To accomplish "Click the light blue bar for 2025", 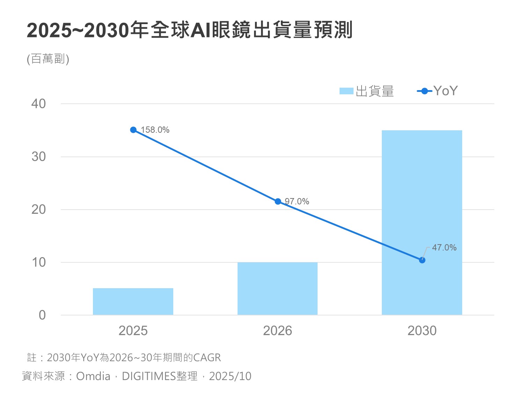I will pyautogui.click(x=133, y=301).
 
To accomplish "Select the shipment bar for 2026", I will pyautogui.click(x=277, y=289).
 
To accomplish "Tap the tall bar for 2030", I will pyautogui.click(x=422, y=223).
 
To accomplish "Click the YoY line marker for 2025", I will pyautogui.click(x=133, y=130).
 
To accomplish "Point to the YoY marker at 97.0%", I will pyautogui.click(x=278, y=202).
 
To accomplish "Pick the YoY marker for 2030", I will pyautogui.click(x=422, y=260).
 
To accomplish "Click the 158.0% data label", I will pyautogui.click(x=155, y=130).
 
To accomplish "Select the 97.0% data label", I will pyautogui.click(x=297, y=202).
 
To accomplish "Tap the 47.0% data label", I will pyautogui.click(x=444, y=248).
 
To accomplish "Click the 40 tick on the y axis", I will pyautogui.click(x=38, y=104).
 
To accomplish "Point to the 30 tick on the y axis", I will pyautogui.click(x=38, y=157).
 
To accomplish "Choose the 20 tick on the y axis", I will pyautogui.click(x=38, y=210).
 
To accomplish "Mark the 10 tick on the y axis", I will pyautogui.click(x=38, y=262).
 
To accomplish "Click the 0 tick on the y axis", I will pyautogui.click(x=42, y=315).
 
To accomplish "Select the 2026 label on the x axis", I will pyautogui.click(x=277, y=331).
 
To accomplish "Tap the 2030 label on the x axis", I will pyautogui.click(x=422, y=331).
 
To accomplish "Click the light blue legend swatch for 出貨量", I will pyautogui.click(x=346, y=91).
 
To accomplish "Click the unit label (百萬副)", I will pyautogui.click(x=48, y=59).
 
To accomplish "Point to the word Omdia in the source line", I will pyautogui.click(x=93, y=376).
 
